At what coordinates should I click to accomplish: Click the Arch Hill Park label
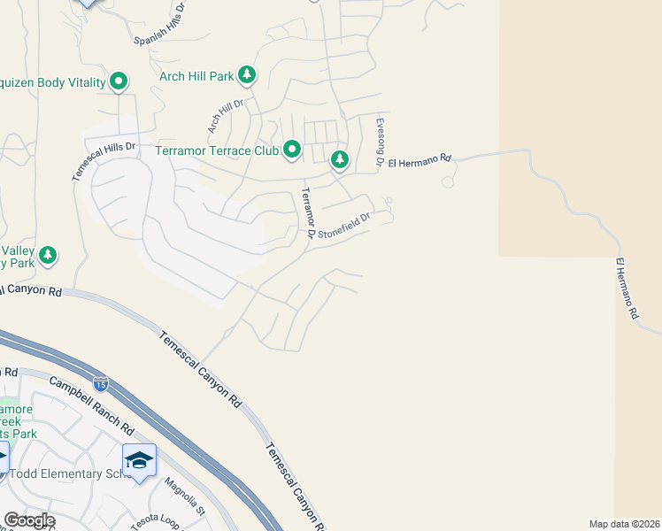196,76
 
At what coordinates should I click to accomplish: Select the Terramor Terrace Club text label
217,150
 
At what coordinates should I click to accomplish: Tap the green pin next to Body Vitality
119,83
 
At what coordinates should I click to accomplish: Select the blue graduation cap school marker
140,460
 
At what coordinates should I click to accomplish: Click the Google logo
29,520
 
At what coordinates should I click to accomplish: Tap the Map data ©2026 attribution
624,523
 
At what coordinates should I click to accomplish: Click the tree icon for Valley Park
48,256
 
